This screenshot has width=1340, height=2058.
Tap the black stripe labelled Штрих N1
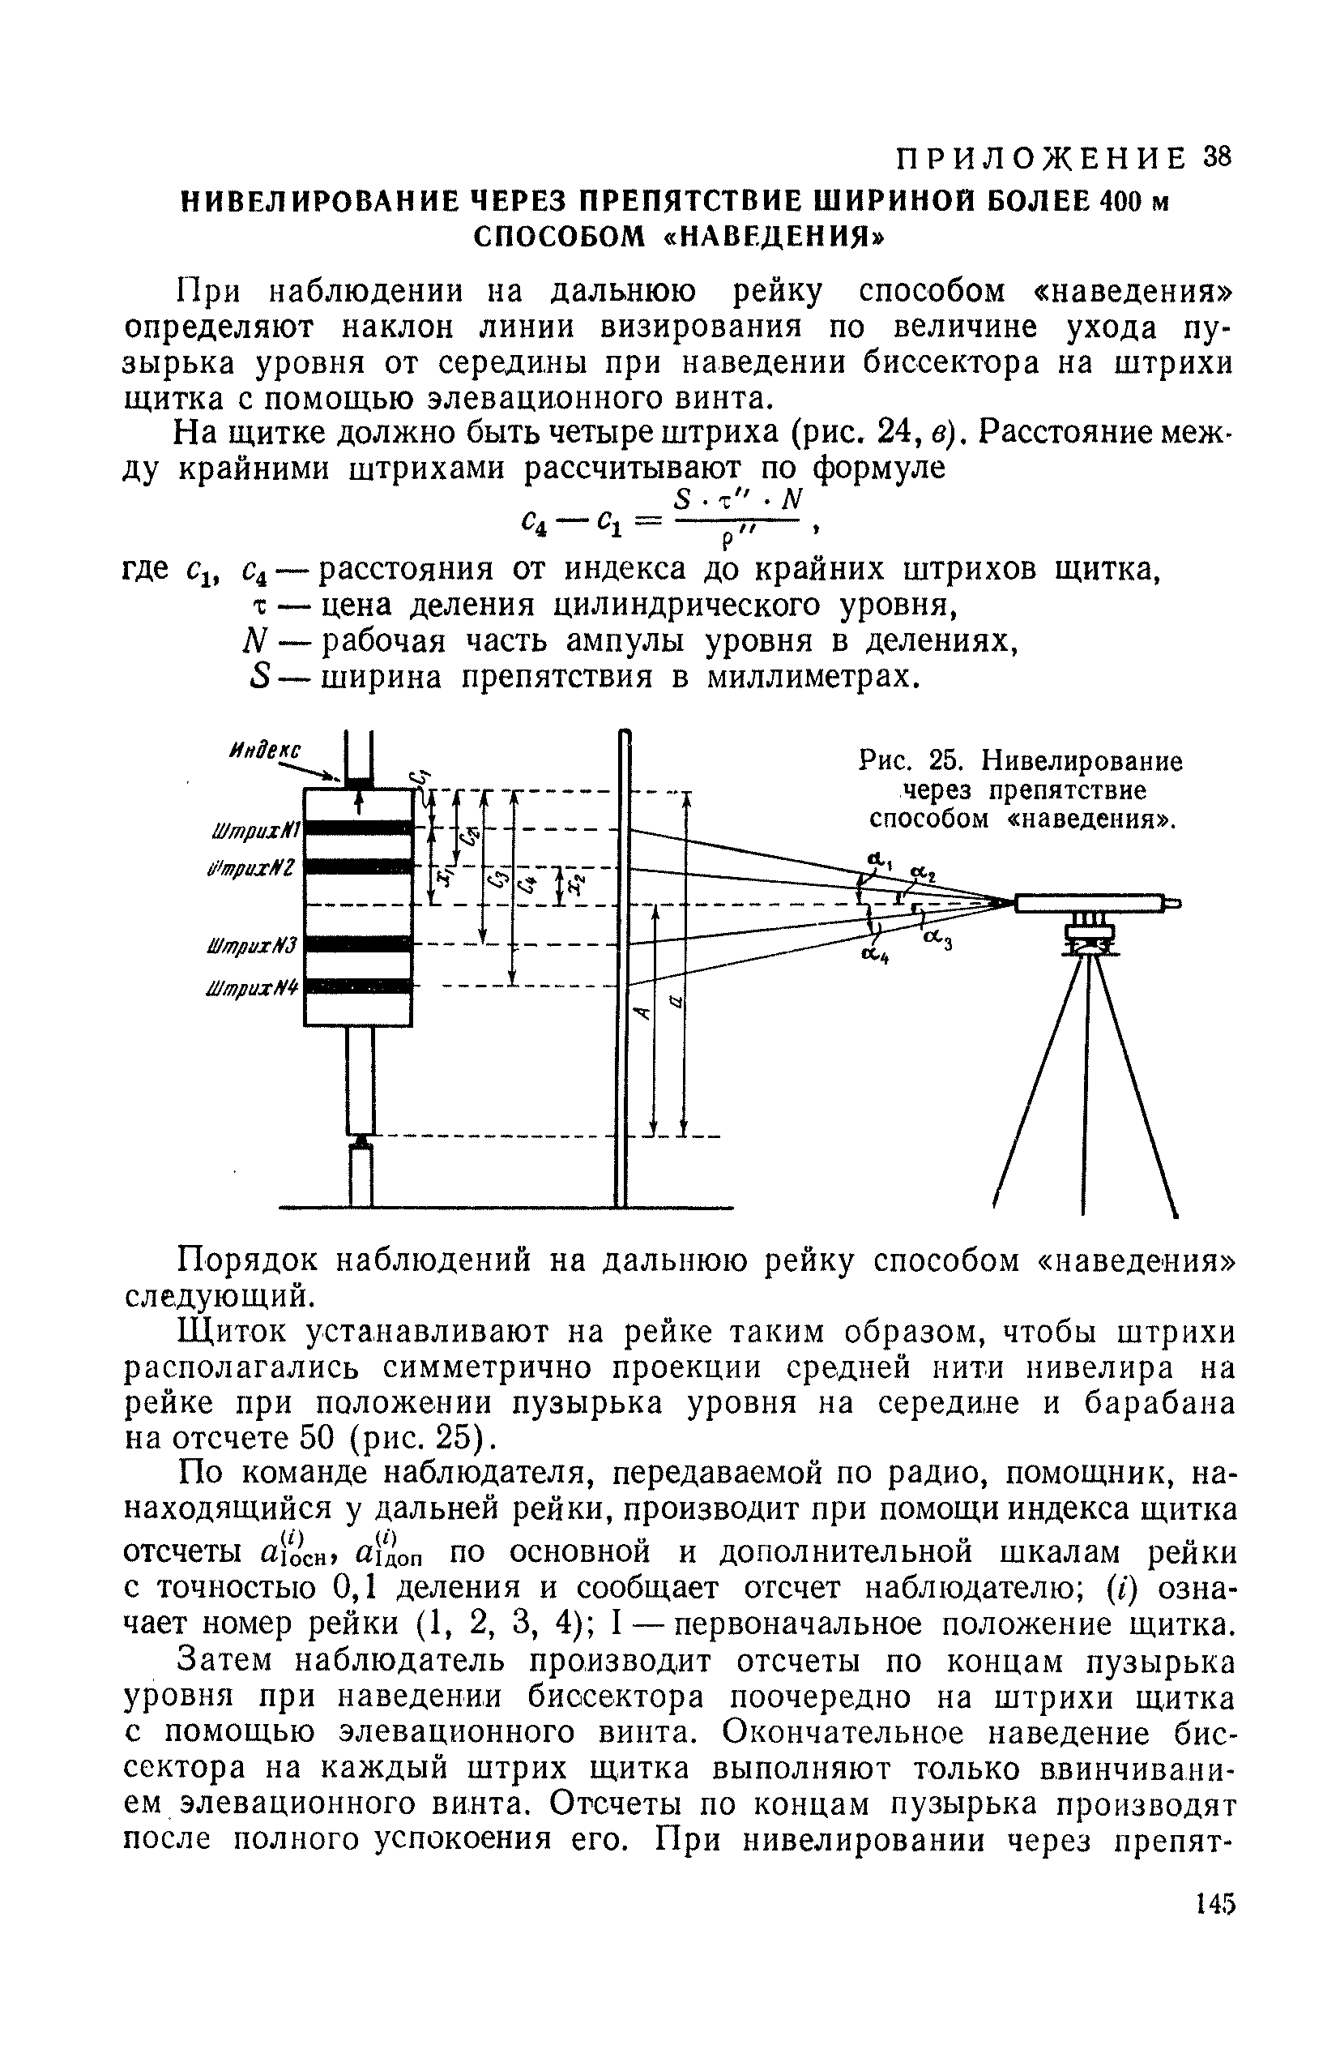click(358, 828)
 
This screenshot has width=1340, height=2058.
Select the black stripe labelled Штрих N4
click(358, 986)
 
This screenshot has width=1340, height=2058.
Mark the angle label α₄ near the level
click(877, 955)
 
